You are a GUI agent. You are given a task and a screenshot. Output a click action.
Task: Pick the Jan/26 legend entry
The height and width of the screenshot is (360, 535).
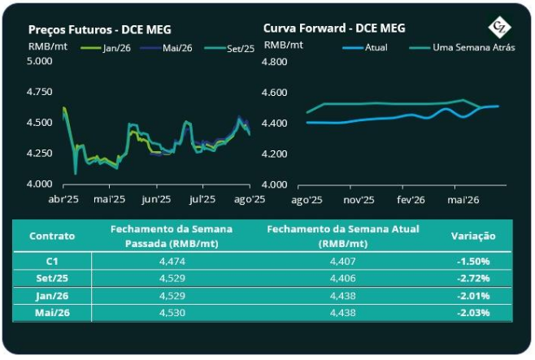coord(110,47)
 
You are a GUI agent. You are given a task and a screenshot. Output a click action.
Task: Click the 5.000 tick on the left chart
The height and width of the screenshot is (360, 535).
coord(41,62)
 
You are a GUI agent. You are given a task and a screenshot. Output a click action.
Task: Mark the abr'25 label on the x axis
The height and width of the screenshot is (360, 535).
coord(64,199)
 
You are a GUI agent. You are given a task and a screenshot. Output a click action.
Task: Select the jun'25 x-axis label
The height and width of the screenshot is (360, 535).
coord(156,199)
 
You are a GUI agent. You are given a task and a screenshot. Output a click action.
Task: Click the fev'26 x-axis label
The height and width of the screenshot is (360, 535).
coord(411,199)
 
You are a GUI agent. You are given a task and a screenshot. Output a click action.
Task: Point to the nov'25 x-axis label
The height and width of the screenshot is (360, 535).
coord(359,199)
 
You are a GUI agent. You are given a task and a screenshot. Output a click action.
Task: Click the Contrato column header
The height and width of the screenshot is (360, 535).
coord(52,236)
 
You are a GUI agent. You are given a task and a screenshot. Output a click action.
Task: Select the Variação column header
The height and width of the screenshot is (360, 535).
coord(472,236)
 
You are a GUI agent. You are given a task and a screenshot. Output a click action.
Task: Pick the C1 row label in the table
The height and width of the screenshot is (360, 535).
coord(52,261)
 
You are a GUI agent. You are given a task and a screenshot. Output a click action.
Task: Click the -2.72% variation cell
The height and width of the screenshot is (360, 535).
coord(472,278)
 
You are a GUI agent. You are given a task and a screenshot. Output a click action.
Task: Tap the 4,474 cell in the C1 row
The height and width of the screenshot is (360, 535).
coord(171,261)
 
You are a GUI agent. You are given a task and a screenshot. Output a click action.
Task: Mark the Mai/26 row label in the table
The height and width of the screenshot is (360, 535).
coord(52,312)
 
